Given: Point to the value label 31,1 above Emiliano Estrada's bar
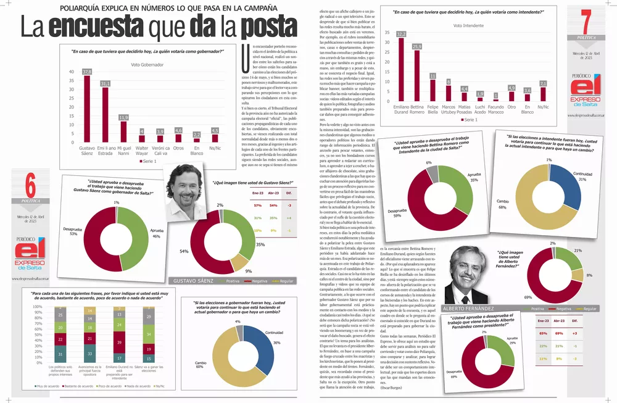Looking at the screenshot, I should pos(106,84).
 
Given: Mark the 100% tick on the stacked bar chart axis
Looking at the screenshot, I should pos(37,307).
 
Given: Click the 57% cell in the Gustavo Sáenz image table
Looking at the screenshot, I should pos(258,205).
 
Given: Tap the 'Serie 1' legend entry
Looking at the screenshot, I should pos(148,162).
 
